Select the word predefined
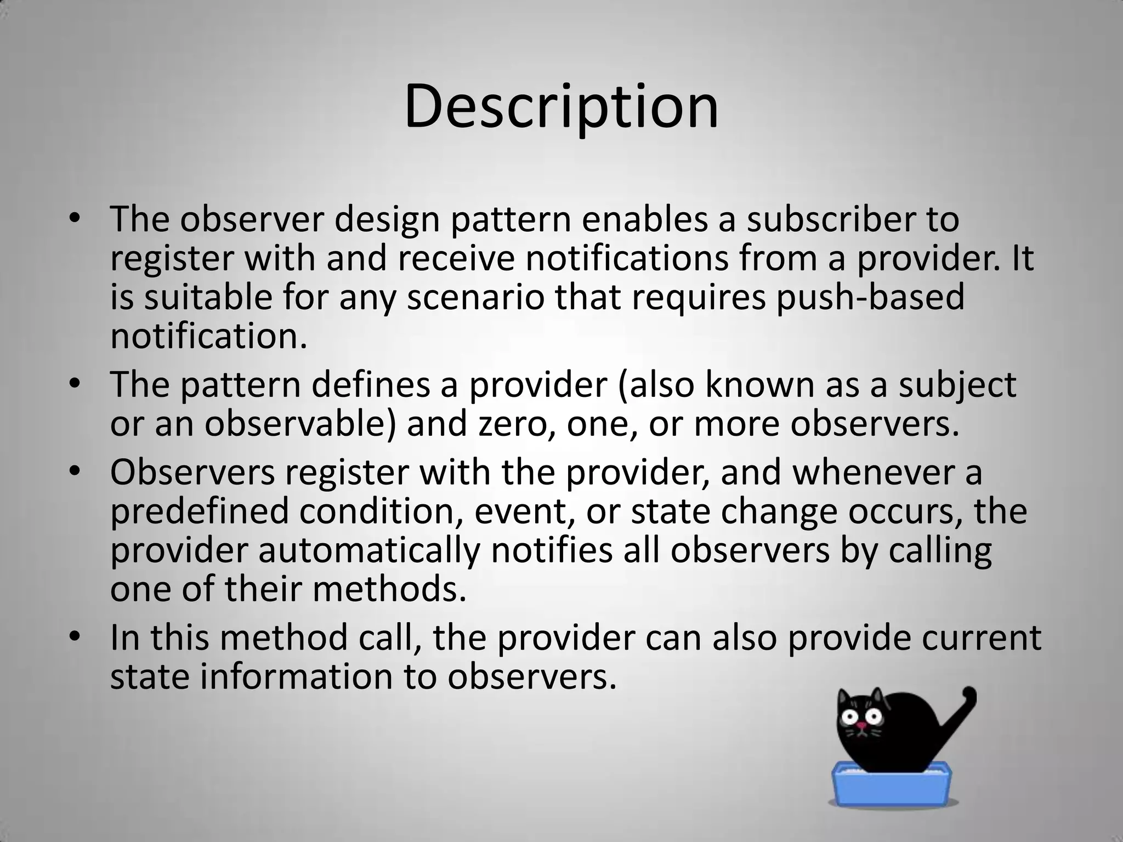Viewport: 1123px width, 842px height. [200, 511]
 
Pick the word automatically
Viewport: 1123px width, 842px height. [368, 550]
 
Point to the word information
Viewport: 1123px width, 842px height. [296, 676]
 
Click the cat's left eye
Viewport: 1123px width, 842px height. [850, 716]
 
